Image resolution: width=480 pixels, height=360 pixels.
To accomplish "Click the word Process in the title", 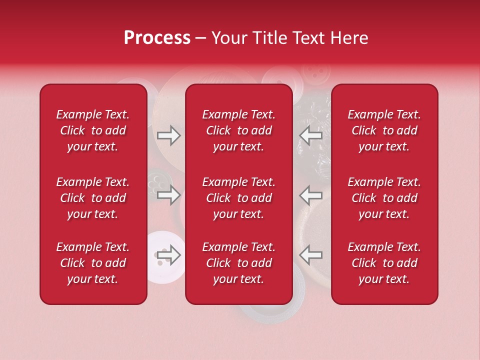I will pyautogui.click(x=157, y=38).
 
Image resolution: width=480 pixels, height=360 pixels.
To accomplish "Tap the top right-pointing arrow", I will pyautogui.click(x=168, y=135).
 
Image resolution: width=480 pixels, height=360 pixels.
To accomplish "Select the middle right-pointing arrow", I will pyautogui.click(x=168, y=194).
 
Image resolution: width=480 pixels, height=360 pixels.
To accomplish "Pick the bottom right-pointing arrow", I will pyautogui.click(x=168, y=255).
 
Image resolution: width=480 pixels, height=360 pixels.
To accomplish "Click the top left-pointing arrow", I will pyautogui.click(x=310, y=135).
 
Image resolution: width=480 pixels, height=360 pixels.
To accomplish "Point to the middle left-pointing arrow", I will pyautogui.click(x=310, y=194).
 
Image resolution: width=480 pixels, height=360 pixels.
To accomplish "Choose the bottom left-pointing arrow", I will pyautogui.click(x=310, y=255).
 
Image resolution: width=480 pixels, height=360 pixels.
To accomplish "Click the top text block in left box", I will pyautogui.click(x=93, y=130).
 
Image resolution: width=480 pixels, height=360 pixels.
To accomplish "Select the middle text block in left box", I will pyautogui.click(x=93, y=198).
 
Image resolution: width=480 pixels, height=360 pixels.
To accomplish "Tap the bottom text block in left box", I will pyautogui.click(x=93, y=263).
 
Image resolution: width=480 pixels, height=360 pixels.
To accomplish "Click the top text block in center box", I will pyautogui.click(x=239, y=130).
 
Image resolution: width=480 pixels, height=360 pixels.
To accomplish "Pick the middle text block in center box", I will pyautogui.click(x=239, y=198).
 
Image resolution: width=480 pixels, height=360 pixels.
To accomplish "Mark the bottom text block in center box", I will pyautogui.click(x=239, y=263).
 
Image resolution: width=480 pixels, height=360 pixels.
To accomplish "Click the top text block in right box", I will pyautogui.click(x=384, y=130).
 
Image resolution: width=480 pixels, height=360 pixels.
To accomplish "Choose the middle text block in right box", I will pyautogui.click(x=384, y=198).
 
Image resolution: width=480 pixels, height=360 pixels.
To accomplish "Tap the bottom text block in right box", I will pyautogui.click(x=384, y=263).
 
